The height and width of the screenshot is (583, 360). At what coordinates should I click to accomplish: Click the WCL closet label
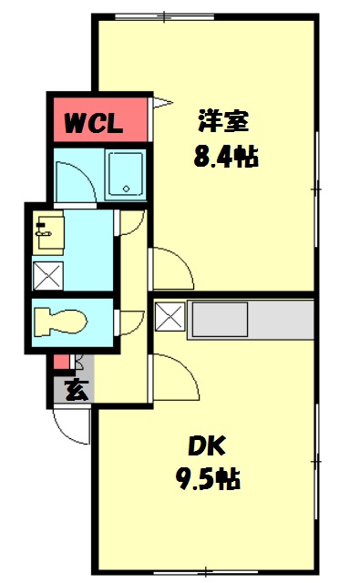point(93,122)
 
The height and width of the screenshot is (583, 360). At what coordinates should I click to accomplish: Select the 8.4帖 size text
point(225,157)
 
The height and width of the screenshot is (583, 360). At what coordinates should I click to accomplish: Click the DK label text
point(207,445)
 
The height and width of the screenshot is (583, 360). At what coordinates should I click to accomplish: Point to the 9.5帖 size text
point(208,478)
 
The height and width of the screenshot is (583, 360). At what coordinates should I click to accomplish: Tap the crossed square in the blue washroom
point(46,274)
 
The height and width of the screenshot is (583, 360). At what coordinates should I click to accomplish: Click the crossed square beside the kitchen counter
point(170,318)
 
